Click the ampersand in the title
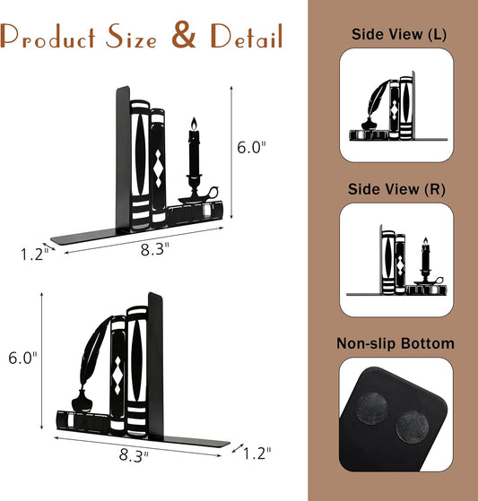click(x=184, y=35)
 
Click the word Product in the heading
click(x=48, y=37)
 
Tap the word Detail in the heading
click(x=247, y=36)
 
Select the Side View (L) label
click(x=399, y=35)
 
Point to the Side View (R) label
click(x=396, y=189)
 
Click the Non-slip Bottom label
click(x=395, y=343)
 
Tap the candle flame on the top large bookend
click(x=194, y=124)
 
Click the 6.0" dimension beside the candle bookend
click(x=251, y=147)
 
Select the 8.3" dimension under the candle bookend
click(x=155, y=249)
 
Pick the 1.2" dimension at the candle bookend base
click(x=35, y=255)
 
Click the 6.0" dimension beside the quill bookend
click(x=22, y=358)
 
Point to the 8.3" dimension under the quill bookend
click(x=134, y=454)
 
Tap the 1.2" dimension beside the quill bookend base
click(x=257, y=453)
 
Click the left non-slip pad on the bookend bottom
click(x=371, y=409)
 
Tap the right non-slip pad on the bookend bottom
click(x=413, y=428)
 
